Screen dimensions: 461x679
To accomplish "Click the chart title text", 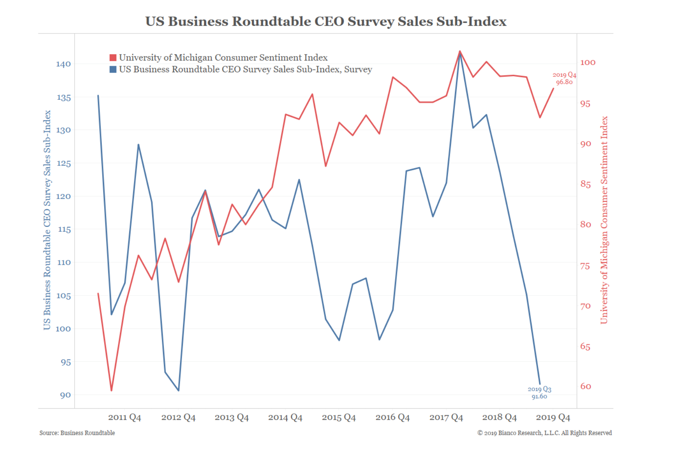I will click(x=326, y=21).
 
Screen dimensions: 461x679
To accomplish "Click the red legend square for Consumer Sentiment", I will click(x=113, y=58).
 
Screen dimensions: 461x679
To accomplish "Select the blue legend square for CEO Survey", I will click(x=113, y=69).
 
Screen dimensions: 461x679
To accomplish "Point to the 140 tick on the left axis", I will click(x=63, y=64).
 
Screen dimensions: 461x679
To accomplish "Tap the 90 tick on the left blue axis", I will click(x=65, y=395).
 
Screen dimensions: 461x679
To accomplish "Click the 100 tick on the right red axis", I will click(x=588, y=62).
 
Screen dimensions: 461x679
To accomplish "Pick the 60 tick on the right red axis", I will click(x=586, y=386).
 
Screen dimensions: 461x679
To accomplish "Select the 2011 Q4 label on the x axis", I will click(x=124, y=417).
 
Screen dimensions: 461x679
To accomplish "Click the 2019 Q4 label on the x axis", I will click(x=553, y=417).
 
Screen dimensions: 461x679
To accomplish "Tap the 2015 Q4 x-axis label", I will click(x=339, y=417).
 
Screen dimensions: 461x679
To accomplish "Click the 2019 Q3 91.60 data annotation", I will click(x=539, y=392).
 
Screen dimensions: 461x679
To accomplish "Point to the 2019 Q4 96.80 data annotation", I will click(x=564, y=78).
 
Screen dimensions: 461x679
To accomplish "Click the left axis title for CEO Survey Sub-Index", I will click(x=47, y=220).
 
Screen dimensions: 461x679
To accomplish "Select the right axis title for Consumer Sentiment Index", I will click(x=604, y=220).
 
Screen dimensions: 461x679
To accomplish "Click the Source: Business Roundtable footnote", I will click(x=77, y=433).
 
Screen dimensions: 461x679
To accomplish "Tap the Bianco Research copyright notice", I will click(x=545, y=433).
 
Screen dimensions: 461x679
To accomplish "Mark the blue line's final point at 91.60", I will click(x=540, y=384).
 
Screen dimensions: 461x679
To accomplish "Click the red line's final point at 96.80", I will click(x=553, y=88).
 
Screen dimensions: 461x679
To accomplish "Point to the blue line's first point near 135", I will click(x=98, y=96).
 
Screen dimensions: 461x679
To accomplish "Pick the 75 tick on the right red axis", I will click(x=585, y=266).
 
